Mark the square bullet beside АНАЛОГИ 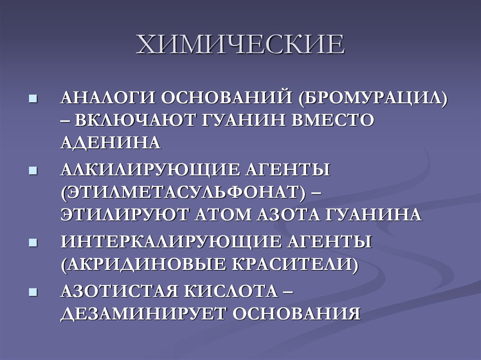click(x=33, y=100)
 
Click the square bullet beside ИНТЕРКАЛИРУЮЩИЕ click(x=33, y=243)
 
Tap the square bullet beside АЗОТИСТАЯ click(x=33, y=292)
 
